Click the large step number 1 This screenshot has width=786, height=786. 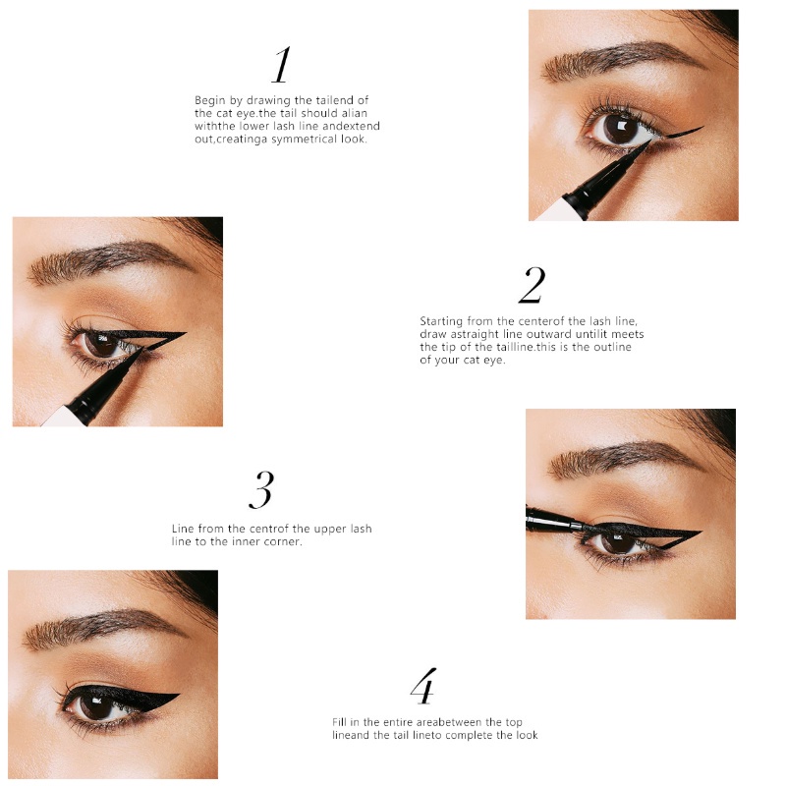click(x=281, y=65)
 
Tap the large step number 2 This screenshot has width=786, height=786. click(x=532, y=285)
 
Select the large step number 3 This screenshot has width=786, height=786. click(x=261, y=489)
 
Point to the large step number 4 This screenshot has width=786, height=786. click(x=423, y=686)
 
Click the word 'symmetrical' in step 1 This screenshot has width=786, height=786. click(x=305, y=139)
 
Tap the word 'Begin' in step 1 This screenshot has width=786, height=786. click(x=210, y=100)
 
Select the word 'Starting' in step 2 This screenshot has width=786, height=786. click(x=441, y=321)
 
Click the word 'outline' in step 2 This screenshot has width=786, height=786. click(x=612, y=347)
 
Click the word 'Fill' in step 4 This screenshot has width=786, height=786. click(x=339, y=722)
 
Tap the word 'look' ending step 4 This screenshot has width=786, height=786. click(x=527, y=735)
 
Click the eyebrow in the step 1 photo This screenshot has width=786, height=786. click(x=623, y=59)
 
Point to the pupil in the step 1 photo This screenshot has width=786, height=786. click(x=621, y=129)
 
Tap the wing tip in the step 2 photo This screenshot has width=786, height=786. click(x=186, y=333)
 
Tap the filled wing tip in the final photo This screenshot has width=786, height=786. click(x=179, y=695)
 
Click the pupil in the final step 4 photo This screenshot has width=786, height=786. click(x=95, y=706)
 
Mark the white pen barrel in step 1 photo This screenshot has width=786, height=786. click(x=558, y=209)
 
